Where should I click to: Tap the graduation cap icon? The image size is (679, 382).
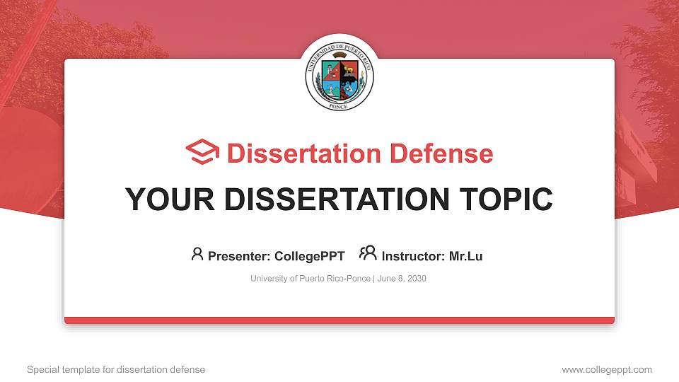[202, 152]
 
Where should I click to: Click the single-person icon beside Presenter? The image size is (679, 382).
[197, 254]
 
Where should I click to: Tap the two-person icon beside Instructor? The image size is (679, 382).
[368, 253]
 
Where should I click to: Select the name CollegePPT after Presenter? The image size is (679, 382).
[310, 256]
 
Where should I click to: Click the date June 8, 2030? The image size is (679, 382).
[402, 279]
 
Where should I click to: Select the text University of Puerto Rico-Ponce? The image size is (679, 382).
[310, 279]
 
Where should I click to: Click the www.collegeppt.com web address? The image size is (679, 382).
[607, 369]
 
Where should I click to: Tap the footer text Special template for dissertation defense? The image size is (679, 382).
[116, 369]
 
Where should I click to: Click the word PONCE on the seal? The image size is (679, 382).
[339, 105]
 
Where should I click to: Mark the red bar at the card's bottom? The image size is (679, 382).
[339, 320]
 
